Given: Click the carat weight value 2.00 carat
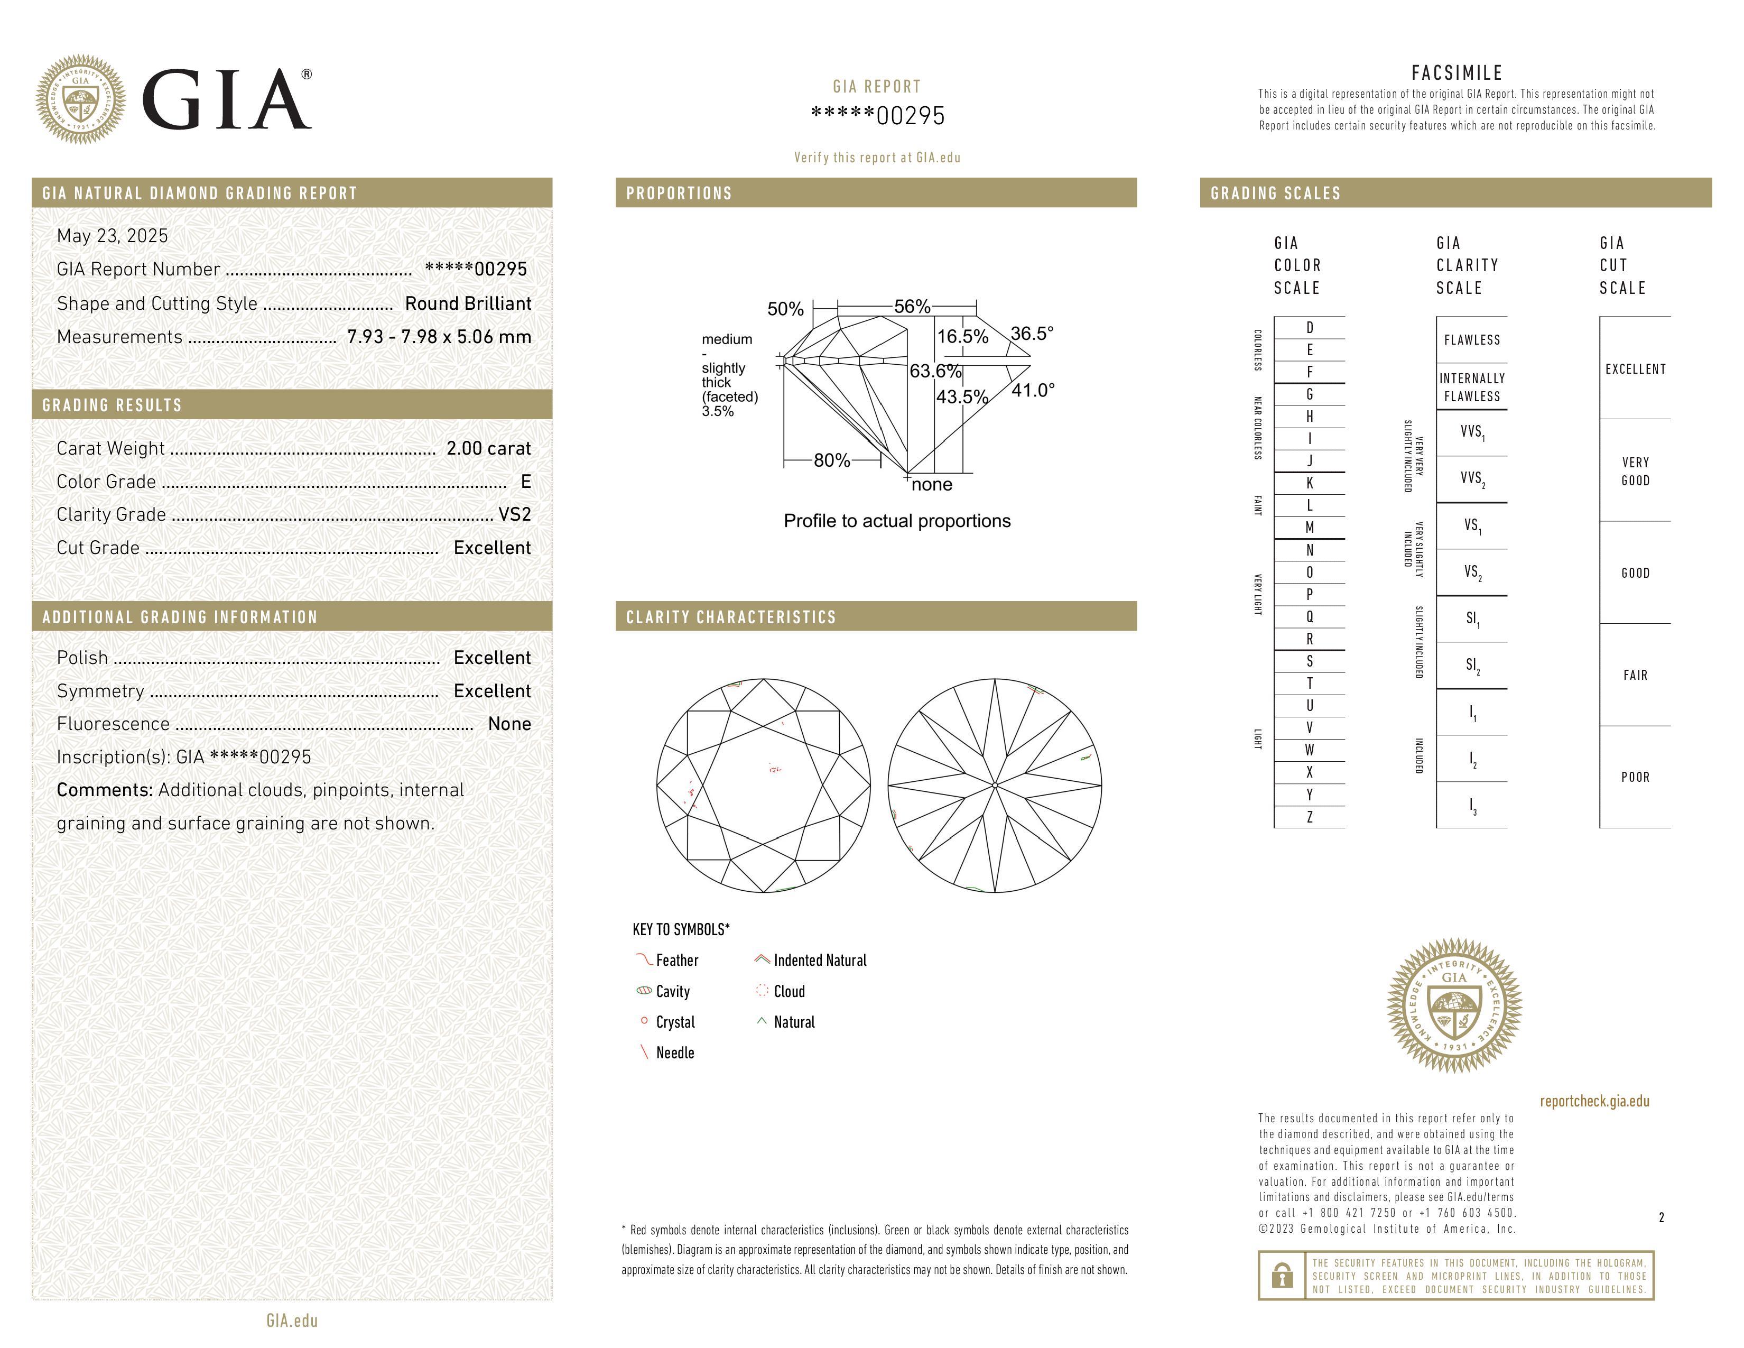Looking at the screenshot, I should click(x=488, y=449).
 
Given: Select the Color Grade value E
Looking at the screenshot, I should click(x=525, y=482).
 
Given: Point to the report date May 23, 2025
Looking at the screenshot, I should click(x=113, y=236).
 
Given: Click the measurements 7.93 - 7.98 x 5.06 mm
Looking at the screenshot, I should click(x=439, y=337).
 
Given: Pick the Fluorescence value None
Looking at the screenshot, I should click(x=509, y=724).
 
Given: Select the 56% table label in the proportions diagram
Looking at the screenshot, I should click(x=912, y=307).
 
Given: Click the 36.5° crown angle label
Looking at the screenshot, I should click(x=1032, y=333).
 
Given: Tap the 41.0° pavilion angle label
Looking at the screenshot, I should click(x=1033, y=391).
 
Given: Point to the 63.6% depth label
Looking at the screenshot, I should click(x=935, y=371).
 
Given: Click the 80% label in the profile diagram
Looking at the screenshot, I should click(x=831, y=461).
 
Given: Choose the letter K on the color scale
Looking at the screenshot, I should click(x=1310, y=483).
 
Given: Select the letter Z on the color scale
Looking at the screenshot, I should click(x=1310, y=817).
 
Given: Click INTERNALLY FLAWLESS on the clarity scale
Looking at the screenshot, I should click(x=1472, y=387).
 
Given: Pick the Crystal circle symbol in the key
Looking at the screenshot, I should click(x=644, y=1021).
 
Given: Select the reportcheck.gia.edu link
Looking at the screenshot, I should click(x=1594, y=1101).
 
